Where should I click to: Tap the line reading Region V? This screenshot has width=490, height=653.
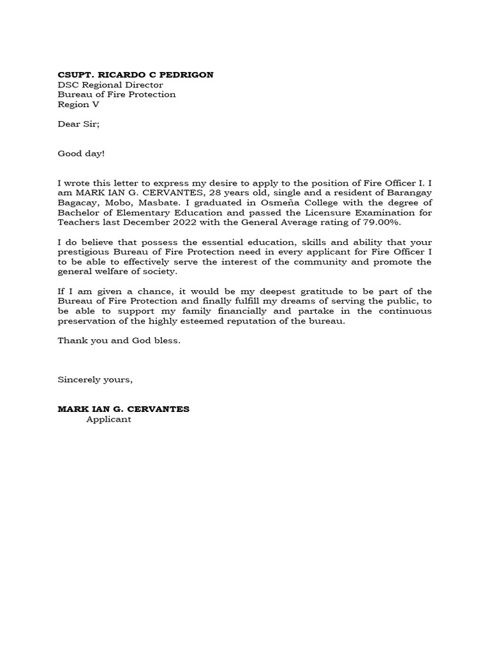pos(78,105)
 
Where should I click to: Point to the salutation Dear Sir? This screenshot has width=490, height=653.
pos(78,124)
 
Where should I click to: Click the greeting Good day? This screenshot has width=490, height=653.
pos(81,154)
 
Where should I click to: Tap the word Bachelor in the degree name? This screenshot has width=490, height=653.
pos(78,213)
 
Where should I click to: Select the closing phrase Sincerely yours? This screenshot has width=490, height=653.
pos(95,379)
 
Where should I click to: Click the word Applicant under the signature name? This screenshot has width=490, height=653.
pos(109,419)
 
